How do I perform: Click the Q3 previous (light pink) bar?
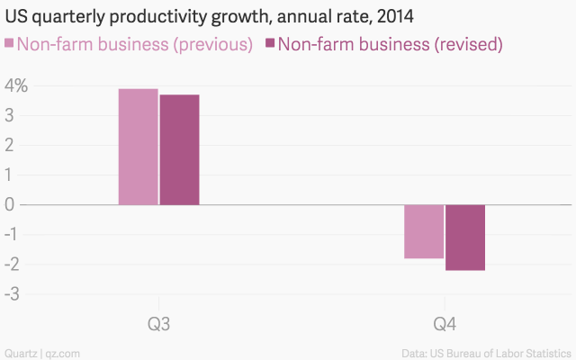coord(139,147)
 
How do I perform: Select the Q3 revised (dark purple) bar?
coord(179,149)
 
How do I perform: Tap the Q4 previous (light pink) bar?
coord(423,231)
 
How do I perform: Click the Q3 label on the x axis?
coord(159,323)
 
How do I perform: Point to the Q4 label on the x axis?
coord(445,323)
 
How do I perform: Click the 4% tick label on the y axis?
coord(16,87)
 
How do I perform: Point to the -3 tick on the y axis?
coord(13,292)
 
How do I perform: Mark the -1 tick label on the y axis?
coord(13,234)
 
